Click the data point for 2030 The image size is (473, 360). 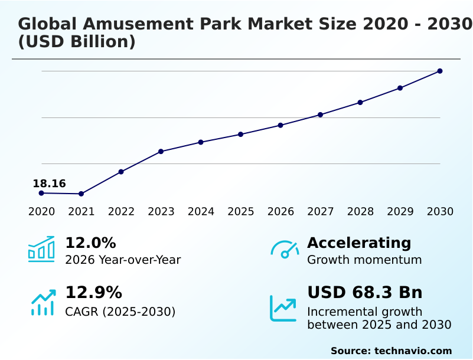click(440, 71)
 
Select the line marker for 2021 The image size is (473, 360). click(81, 194)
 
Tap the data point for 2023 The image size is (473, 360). click(161, 152)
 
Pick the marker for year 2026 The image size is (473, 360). click(280, 125)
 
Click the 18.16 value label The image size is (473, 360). click(49, 184)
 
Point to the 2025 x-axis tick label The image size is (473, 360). click(241, 212)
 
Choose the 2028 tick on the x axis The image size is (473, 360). click(360, 212)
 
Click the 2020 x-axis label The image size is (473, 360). click(41, 212)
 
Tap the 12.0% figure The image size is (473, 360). click(90, 243)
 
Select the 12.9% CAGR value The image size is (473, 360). click(93, 293)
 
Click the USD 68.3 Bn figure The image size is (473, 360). click(365, 293)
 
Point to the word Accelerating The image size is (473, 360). click(359, 243)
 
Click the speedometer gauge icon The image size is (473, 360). click(285, 250)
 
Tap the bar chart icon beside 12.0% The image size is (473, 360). click(41, 249)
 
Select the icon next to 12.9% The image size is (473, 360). click(43, 302)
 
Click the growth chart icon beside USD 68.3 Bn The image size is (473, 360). click(283, 307)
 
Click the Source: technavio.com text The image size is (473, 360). click(391, 351)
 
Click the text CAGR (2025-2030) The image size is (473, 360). click(120, 312)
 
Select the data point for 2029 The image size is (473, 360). click(400, 88)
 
